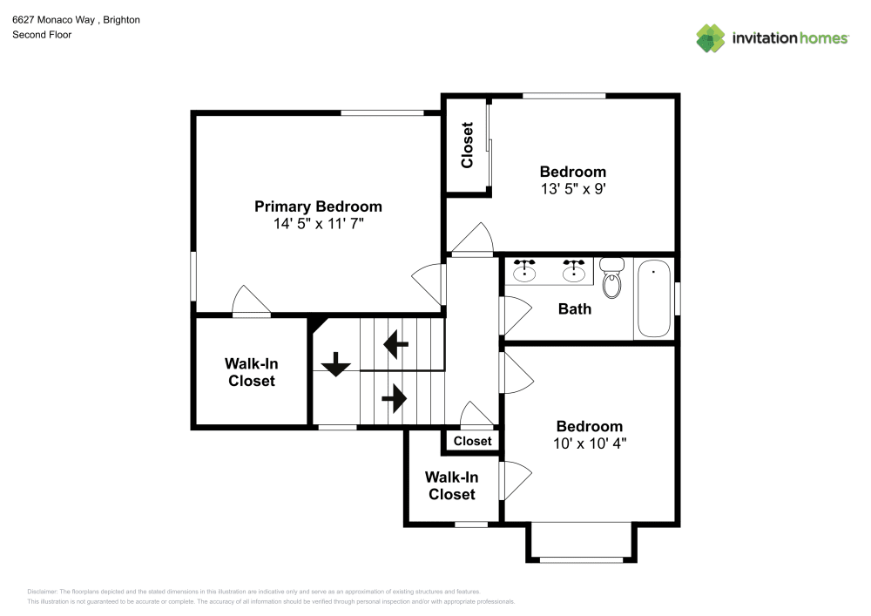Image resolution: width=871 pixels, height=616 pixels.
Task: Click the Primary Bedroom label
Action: point(318,206)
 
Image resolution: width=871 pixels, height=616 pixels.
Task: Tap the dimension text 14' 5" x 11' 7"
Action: point(318,224)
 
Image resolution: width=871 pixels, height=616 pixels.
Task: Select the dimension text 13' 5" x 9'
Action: point(572,188)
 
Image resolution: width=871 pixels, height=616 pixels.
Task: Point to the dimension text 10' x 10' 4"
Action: point(590,443)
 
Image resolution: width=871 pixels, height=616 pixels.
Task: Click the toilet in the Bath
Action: point(612,279)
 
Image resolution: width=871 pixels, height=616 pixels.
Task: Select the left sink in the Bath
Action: point(524,272)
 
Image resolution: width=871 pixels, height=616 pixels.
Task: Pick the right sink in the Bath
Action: point(573,272)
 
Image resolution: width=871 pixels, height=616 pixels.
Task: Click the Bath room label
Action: point(575,308)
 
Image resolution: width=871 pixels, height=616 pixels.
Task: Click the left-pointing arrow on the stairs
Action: point(396,344)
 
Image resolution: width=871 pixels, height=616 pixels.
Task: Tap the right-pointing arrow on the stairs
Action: point(394,399)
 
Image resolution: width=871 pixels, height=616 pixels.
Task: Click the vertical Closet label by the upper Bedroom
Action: point(467,145)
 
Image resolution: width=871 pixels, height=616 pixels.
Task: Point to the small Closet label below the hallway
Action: point(472,441)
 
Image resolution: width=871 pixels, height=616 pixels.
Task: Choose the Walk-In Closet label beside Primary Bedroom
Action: point(252,372)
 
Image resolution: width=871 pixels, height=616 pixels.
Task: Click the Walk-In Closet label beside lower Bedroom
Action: point(451,485)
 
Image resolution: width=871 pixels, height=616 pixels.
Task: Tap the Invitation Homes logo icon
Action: point(711,38)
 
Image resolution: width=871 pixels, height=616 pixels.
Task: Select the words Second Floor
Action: point(42,35)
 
